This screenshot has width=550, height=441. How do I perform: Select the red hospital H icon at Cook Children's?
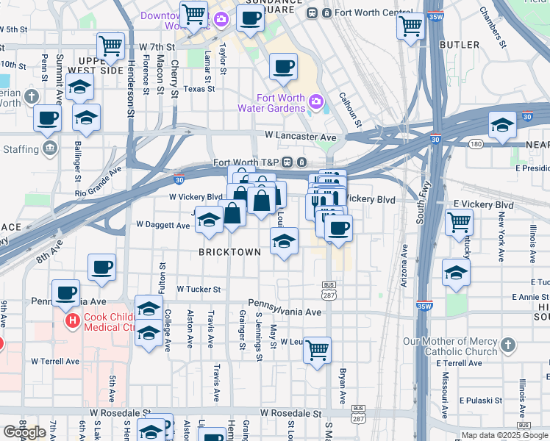pos(72,321)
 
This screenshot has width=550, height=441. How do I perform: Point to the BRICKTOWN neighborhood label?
pos(229,252)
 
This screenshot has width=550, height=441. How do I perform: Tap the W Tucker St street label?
pos(198,290)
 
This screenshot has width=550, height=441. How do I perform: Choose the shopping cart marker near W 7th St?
pos(111,47)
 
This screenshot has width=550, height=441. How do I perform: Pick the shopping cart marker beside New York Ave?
pos(460,221)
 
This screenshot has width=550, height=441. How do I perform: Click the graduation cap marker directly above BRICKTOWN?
pos(283,240)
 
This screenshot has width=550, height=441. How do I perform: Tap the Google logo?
pos(24,432)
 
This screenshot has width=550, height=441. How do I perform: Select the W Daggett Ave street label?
pos(163,225)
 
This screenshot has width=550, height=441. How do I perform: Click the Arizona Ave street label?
pos(404,265)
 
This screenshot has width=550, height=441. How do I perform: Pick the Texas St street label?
pos(199,88)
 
